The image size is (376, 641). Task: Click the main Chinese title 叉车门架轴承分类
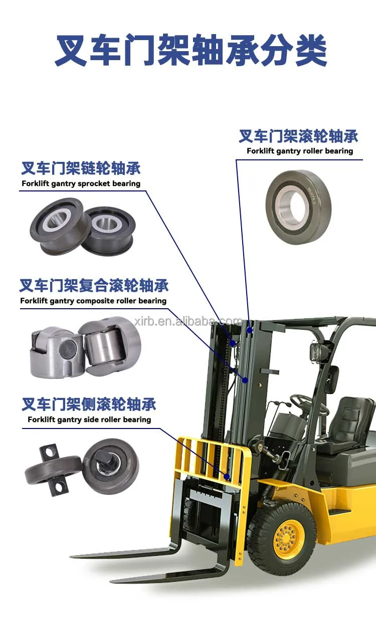(191, 51)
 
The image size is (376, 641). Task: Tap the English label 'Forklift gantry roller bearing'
(300, 151)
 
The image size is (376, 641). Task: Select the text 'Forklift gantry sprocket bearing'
(81, 183)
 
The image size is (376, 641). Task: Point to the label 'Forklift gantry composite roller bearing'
(93, 301)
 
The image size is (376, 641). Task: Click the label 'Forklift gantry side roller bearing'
(89, 419)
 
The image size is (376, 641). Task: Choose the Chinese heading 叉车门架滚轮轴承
(299, 136)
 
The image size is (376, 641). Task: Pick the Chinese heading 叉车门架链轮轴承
(81, 168)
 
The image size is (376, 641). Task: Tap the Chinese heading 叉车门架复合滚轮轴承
(94, 286)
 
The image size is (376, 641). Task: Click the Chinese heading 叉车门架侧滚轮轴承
(89, 404)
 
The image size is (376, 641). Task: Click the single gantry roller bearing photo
(299, 207)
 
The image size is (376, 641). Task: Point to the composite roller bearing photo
(85, 346)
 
